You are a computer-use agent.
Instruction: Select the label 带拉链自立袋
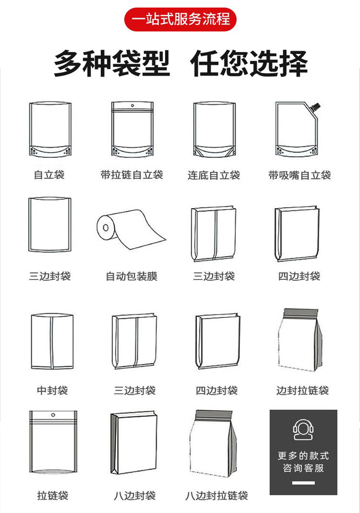[x=132, y=175]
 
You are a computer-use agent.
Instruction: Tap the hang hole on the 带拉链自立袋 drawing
[x=132, y=106]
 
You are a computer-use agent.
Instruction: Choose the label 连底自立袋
[x=214, y=175]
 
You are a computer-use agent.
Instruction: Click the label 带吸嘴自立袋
[x=300, y=175]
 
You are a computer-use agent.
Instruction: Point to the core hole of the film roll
[x=105, y=227]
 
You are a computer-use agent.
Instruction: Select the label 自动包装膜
[x=132, y=276]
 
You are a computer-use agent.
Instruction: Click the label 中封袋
[x=52, y=390]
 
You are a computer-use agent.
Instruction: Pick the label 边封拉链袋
[x=302, y=390]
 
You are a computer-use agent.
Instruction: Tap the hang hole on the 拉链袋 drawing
[x=53, y=415]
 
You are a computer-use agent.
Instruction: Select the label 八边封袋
[x=134, y=496]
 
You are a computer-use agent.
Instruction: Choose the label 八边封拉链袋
[x=216, y=496]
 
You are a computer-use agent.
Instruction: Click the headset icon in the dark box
[x=303, y=429]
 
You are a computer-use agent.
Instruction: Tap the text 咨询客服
[x=303, y=468]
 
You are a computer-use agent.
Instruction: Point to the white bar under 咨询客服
[x=303, y=483]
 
